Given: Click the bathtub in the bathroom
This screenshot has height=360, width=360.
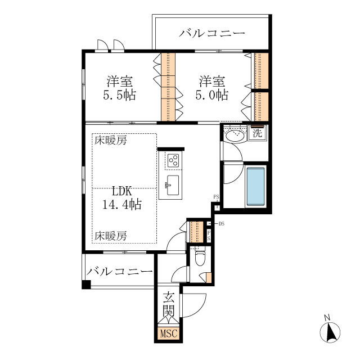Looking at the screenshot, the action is [x=255, y=186].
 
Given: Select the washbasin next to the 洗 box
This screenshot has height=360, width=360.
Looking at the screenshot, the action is [x=235, y=136].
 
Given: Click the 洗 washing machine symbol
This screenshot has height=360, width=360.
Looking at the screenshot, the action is [x=258, y=133].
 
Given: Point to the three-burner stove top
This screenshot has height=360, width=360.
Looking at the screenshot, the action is [x=173, y=160].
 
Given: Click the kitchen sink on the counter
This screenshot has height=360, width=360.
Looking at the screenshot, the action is [x=173, y=185].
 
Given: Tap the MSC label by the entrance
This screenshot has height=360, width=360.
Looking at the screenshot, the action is [x=169, y=334].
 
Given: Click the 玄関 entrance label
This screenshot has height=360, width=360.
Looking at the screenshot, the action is [x=169, y=304].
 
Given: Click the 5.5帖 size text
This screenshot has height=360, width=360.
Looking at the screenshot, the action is [x=119, y=95].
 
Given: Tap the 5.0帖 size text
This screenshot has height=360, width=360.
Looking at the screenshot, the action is [x=211, y=95].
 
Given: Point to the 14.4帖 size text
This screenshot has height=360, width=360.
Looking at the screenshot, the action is [x=121, y=204].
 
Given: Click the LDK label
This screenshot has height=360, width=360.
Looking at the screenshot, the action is [x=121, y=191].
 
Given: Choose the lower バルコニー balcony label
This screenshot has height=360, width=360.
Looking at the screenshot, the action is [x=119, y=272].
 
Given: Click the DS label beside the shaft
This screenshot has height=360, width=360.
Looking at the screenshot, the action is [x=221, y=224].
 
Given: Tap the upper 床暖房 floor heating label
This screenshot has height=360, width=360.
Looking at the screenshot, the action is [x=111, y=140].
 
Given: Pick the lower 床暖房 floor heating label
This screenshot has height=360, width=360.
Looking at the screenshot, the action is [x=111, y=236].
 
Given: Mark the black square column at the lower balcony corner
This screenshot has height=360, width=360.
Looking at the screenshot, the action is [x=86, y=285].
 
